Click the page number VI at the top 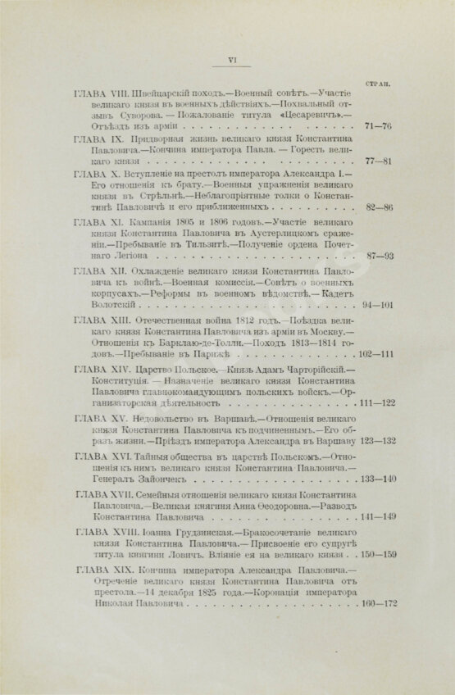230,60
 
